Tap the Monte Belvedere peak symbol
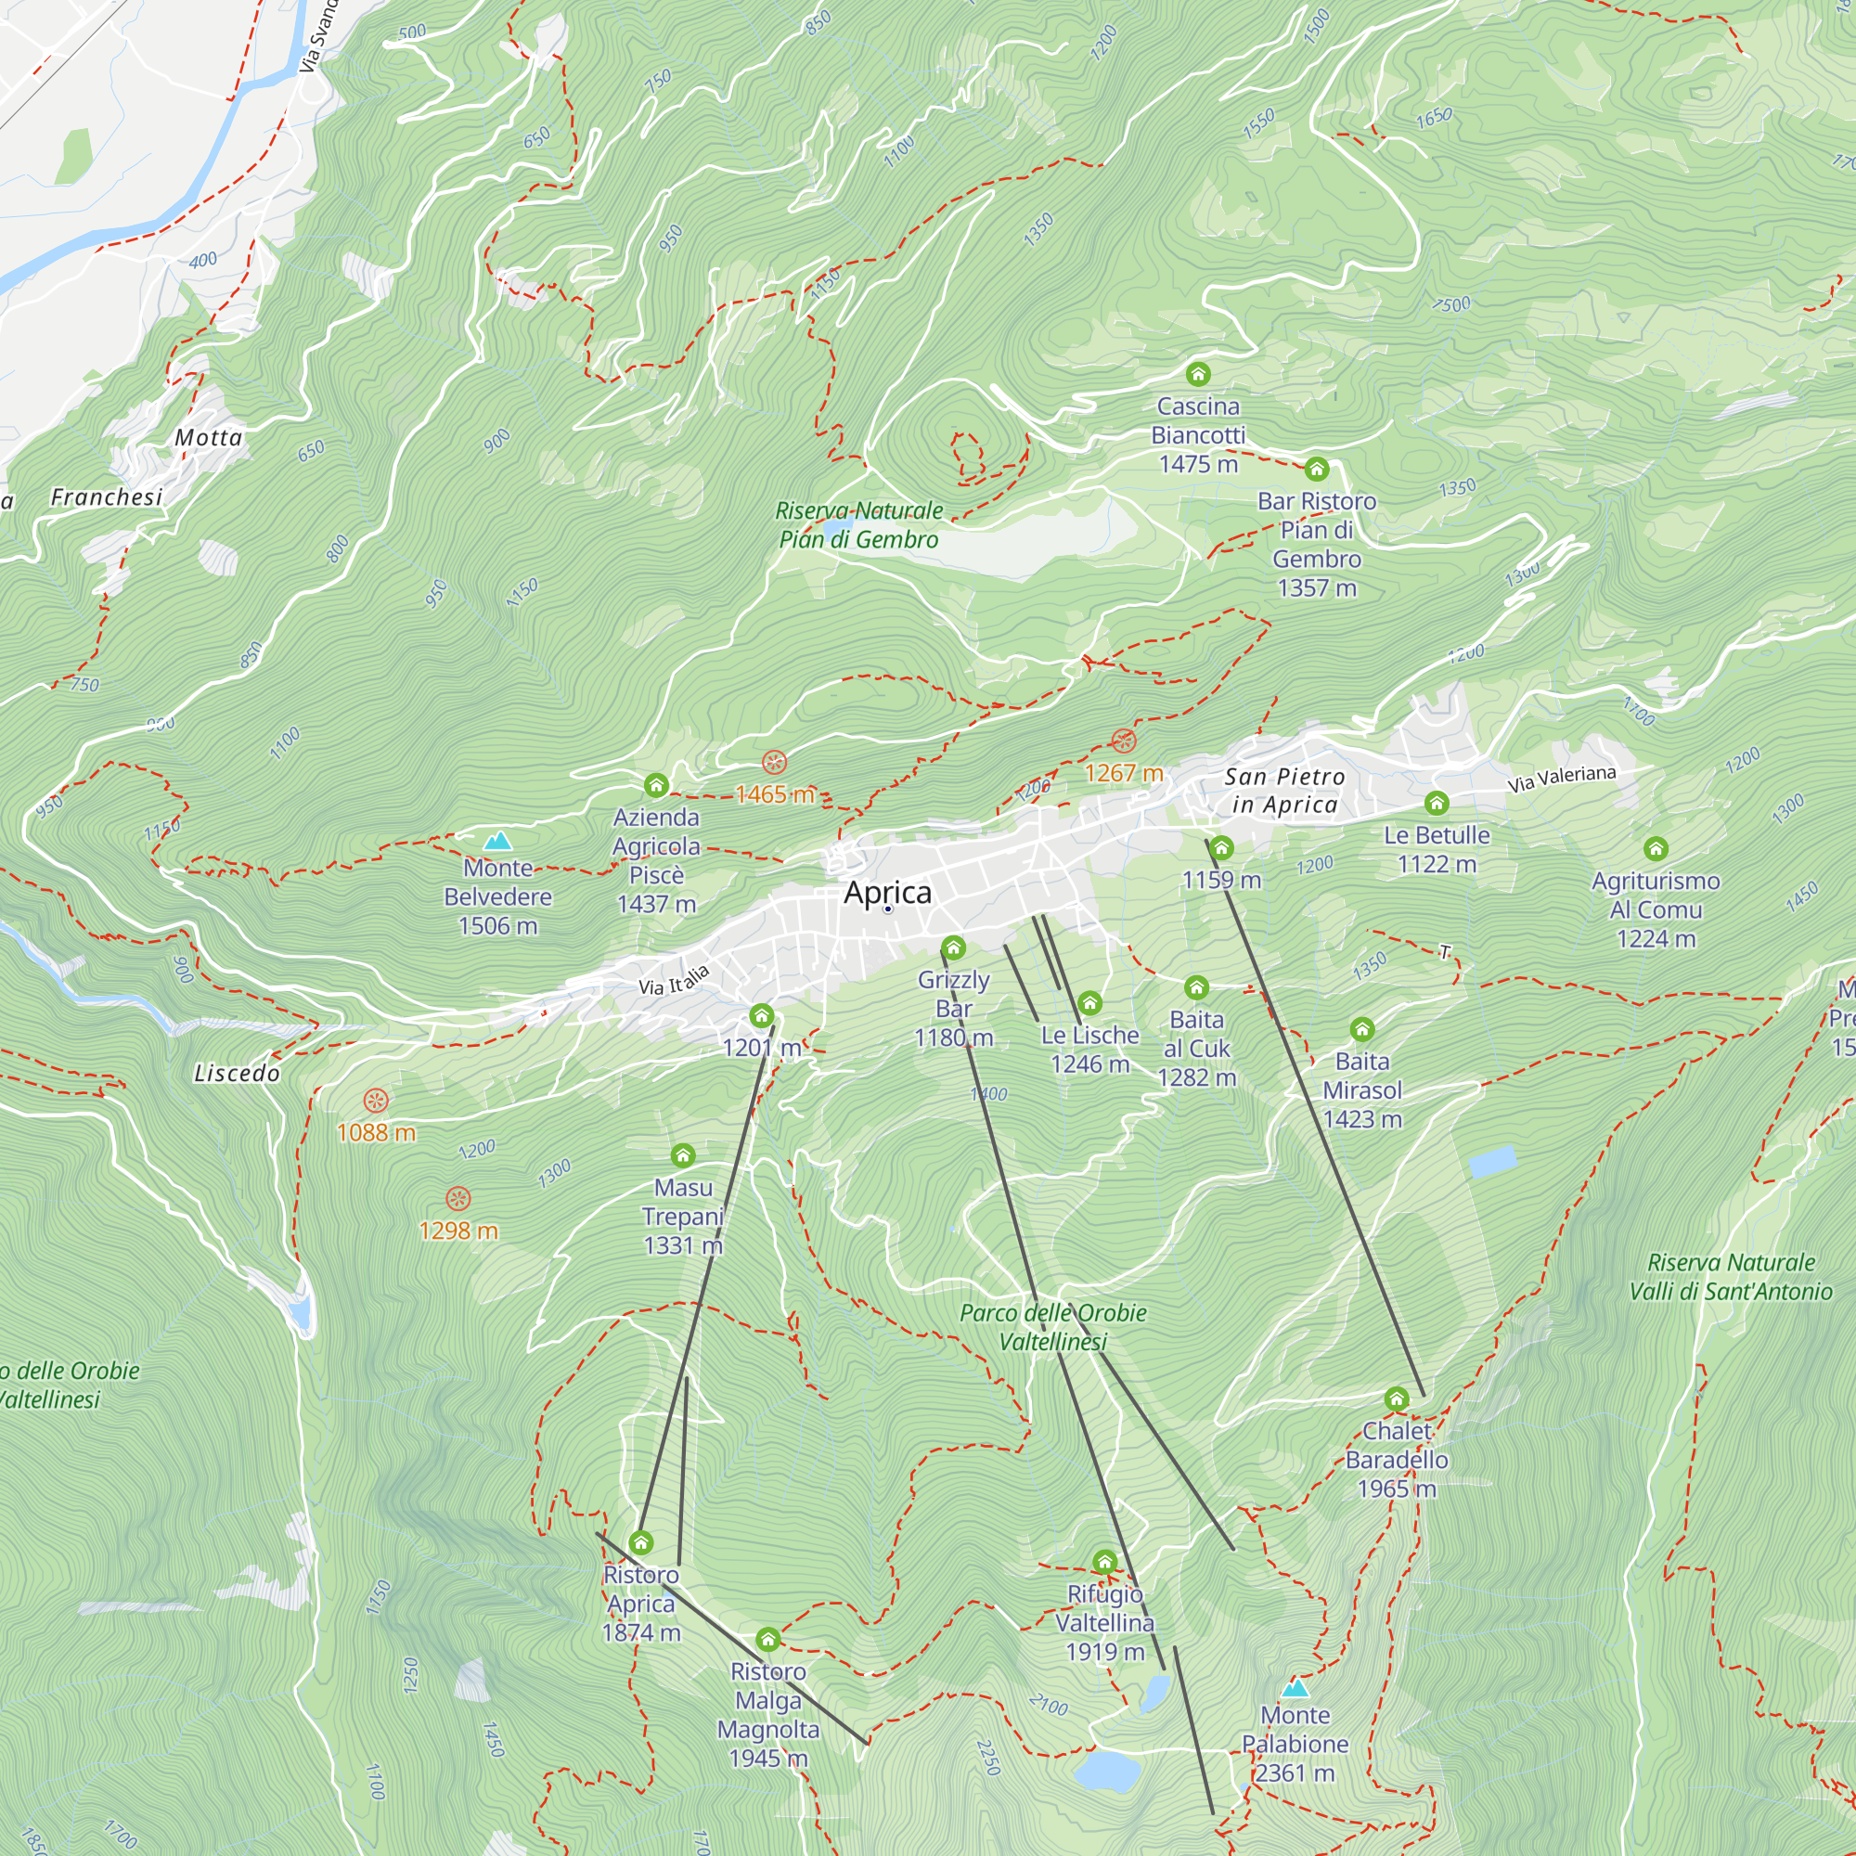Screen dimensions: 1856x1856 pyautogui.click(x=497, y=842)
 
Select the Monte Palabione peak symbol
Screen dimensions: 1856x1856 pyautogui.click(x=1295, y=1688)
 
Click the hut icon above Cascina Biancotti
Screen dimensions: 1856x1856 pyautogui.click(x=1198, y=374)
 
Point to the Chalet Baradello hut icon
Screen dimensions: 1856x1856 pyautogui.click(x=1397, y=1398)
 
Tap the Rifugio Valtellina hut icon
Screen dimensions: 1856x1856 pyautogui.click(x=1104, y=1561)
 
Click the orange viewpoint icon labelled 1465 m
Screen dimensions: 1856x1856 pyautogui.click(x=774, y=763)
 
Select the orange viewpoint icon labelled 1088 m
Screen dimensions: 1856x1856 pyautogui.click(x=376, y=1100)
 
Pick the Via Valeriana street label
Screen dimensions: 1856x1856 pyautogui.click(x=1561, y=779)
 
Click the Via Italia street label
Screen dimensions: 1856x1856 pyautogui.click(x=674, y=980)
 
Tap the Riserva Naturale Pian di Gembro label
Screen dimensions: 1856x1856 pyautogui.click(x=858, y=524)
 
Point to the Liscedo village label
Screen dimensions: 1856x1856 pyautogui.click(x=237, y=1073)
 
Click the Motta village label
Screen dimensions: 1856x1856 pyautogui.click(x=209, y=438)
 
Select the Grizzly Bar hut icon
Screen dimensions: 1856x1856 pyautogui.click(x=953, y=948)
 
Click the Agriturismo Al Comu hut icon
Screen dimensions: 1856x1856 pyautogui.click(x=1656, y=848)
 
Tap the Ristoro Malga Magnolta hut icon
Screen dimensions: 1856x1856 pyautogui.click(x=767, y=1639)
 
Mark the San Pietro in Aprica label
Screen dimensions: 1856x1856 pyautogui.click(x=1284, y=790)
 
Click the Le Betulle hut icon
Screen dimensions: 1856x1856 pyautogui.click(x=1437, y=802)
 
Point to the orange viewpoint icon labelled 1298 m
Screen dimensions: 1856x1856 pyautogui.click(x=458, y=1198)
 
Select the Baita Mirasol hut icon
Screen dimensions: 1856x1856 pyautogui.click(x=1362, y=1030)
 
